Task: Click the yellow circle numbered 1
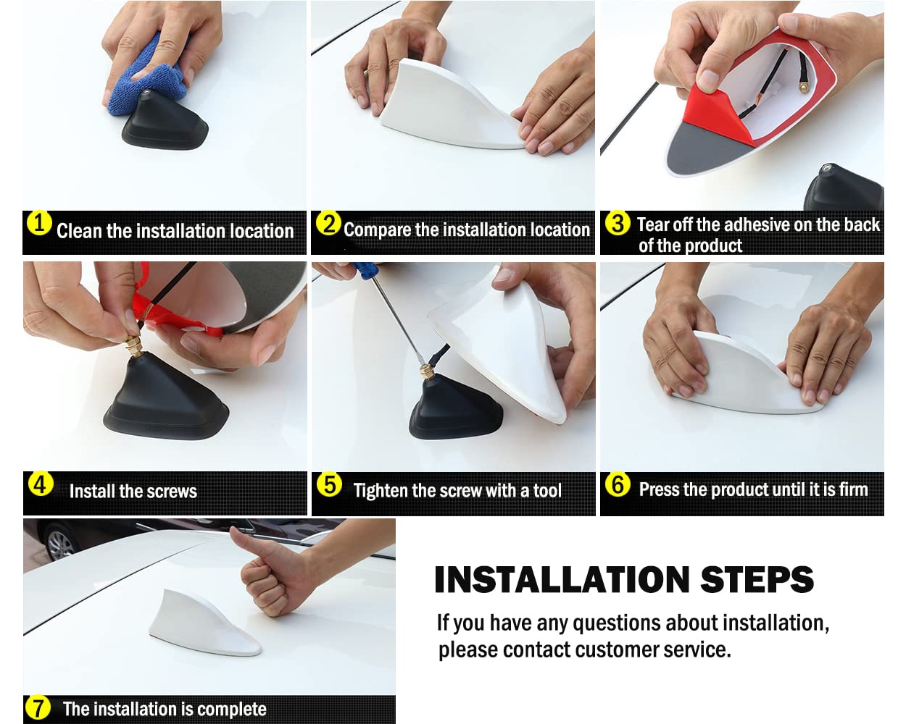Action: [39, 223]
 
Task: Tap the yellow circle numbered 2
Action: [328, 223]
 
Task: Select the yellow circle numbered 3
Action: [618, 223]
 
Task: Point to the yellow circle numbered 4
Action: [41, 484]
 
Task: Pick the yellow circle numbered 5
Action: [330, 484]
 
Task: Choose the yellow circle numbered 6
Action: [618, 484]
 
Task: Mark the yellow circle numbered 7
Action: [38, 707]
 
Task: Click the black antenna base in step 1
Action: [165, 122]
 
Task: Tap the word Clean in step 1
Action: [79, 231]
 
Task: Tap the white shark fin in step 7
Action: [205, 623]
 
